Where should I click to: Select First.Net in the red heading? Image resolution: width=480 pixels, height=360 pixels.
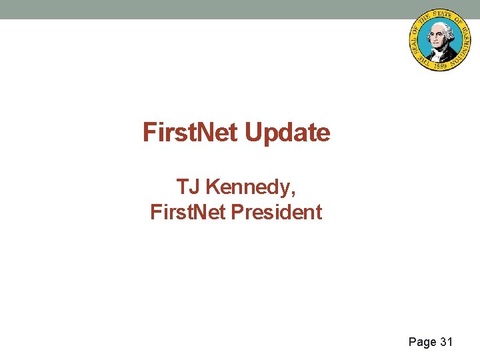tap(191, 133)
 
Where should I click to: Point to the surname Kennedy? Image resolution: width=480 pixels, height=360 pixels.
tap(249, 187)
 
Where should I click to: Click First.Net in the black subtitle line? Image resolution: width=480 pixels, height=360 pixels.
tap(188, 213)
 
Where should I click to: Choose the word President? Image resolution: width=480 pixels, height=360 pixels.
tap(276, 213)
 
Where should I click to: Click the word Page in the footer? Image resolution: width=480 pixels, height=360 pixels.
tap(422, 342)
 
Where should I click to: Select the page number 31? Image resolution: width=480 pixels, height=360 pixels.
tap(446, 342)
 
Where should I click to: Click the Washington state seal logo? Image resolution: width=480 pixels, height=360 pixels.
tap(439, 41)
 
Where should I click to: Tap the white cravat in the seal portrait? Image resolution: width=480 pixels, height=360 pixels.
tap(439, 47)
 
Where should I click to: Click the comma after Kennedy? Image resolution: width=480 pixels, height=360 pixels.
tap(293, 194)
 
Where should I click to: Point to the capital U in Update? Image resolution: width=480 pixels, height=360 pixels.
tap(253, 133)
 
